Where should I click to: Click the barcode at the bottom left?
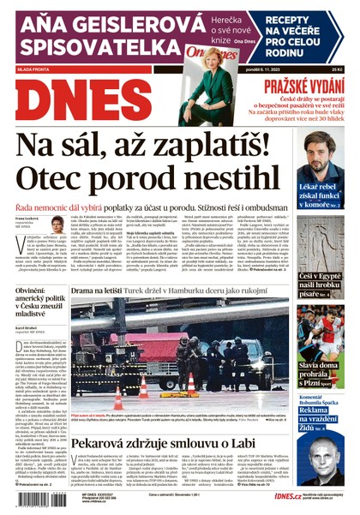pos(33,500)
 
